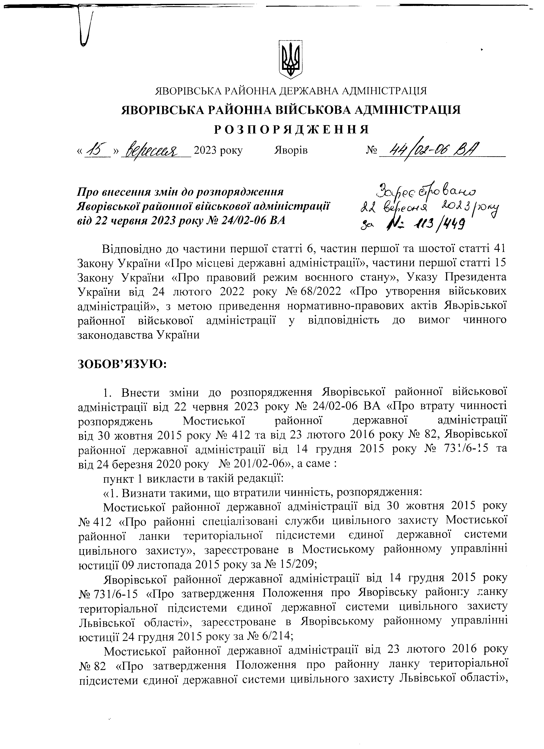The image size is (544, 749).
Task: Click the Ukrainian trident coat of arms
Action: (x=290, y=59)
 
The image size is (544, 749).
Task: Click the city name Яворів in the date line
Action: (x=291, y=151)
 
